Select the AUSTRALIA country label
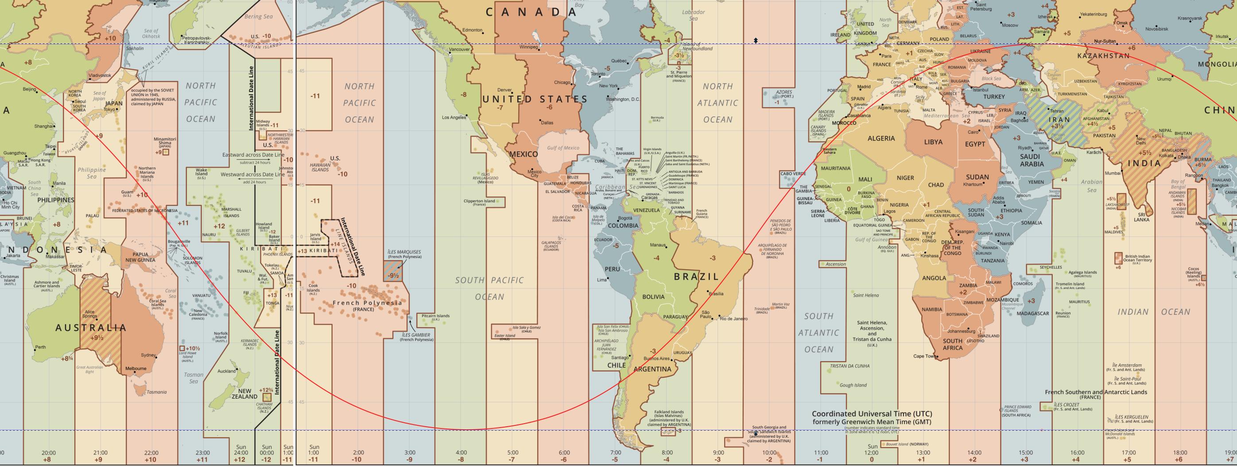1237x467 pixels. click(91, 328)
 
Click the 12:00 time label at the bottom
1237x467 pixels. click(872, 452)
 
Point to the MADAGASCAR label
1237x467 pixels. click(1032, 313)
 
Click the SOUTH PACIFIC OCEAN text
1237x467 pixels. click(489, 289)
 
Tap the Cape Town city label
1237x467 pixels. click(924, 356)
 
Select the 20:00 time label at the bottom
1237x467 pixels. click(49, 452)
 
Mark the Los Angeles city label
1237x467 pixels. click(454, 117)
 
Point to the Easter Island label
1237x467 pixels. click(505, 336)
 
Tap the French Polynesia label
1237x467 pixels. click(367, 303)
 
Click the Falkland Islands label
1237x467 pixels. click(669, 412)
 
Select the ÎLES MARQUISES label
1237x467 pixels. click(404, 252)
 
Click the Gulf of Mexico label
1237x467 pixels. click(563, 148)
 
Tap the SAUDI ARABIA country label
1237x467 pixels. click(1030, 160)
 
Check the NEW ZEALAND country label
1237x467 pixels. click(244, 394)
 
